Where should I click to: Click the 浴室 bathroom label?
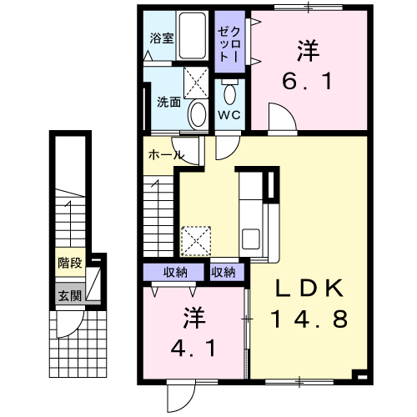click(162, 38)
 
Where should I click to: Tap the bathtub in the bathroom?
click(192, 36)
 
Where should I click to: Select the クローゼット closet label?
click(229, 44)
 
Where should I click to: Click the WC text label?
click(229, 114)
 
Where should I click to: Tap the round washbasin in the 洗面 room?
click(198, 114)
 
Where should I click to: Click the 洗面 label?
click(168, 102)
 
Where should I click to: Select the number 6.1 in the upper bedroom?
click(308, 81)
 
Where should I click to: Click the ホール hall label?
click(166, 155)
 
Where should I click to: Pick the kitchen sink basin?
click(251, 239)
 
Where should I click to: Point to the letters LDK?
click(309, 288)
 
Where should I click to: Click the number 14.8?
click(309, 319)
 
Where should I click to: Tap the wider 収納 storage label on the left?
click(175, 273)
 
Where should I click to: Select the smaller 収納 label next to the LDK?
click(223, 273)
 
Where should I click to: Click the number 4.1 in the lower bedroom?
click(193, 349)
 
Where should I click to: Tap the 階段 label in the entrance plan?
click(70, 263)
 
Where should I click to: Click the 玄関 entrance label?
click(70, 295)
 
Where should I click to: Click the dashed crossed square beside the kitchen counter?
click(196, 241)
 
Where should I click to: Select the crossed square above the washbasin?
click(196, 83)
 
